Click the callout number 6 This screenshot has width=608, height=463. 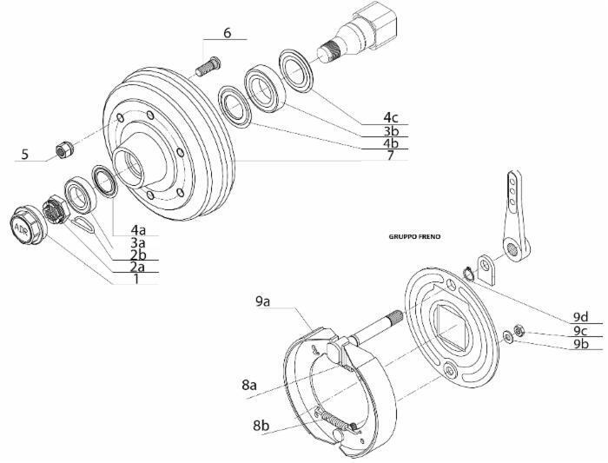(227, 32)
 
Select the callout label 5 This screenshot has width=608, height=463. (25, 155)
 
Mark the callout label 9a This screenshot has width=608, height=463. (264, 301)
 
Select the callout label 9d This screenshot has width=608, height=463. (581, 316)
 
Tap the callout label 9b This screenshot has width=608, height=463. (581, 343)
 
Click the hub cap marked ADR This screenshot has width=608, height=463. (23, 228)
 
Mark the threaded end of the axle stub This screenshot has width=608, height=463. (331, 53)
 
